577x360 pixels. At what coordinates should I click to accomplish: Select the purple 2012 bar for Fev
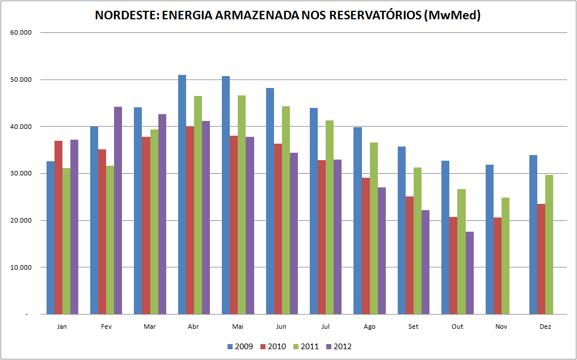click(x=118, y=210)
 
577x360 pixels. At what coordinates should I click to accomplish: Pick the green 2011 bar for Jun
click(x=285, y=210)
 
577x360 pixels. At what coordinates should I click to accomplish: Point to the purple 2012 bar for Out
click(x=469, y=273)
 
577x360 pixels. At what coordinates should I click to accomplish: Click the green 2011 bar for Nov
click(x=506, y=256)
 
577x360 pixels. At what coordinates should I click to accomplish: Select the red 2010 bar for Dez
click(x=541, y=259)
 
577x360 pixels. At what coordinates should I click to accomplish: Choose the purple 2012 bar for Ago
click(x=381, y=250)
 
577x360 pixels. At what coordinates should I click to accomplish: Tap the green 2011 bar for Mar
click(x=154, y=221)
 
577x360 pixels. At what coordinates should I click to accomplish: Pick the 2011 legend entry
click(x=306, y=346)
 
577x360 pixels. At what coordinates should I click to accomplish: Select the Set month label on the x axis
click(x=414, y=326)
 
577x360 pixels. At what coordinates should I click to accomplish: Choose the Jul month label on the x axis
click(x=325, y=326)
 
